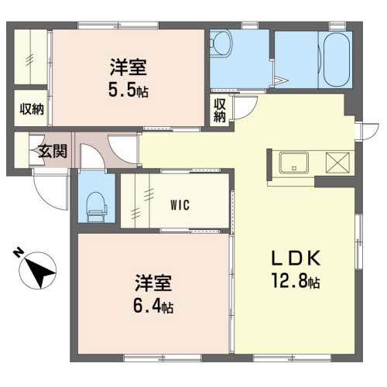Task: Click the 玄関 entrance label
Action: coord(53,151)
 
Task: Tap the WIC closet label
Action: coord(180,205)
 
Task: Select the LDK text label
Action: coord(296,258)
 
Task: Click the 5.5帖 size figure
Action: coord(128,90)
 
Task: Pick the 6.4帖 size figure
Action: coord(153,306)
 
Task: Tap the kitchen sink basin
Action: coord(294,163)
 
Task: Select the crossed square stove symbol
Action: coord(337,163)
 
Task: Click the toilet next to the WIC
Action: coord(97,207)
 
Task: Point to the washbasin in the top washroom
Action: coord(221,43)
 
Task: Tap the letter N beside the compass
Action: coord(18,252)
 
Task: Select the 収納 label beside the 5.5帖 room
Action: coord(32,109)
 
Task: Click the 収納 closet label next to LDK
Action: coord(220,110)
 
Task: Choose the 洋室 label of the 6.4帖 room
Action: coord(153,283)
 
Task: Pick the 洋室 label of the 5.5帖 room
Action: coord(128,67)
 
